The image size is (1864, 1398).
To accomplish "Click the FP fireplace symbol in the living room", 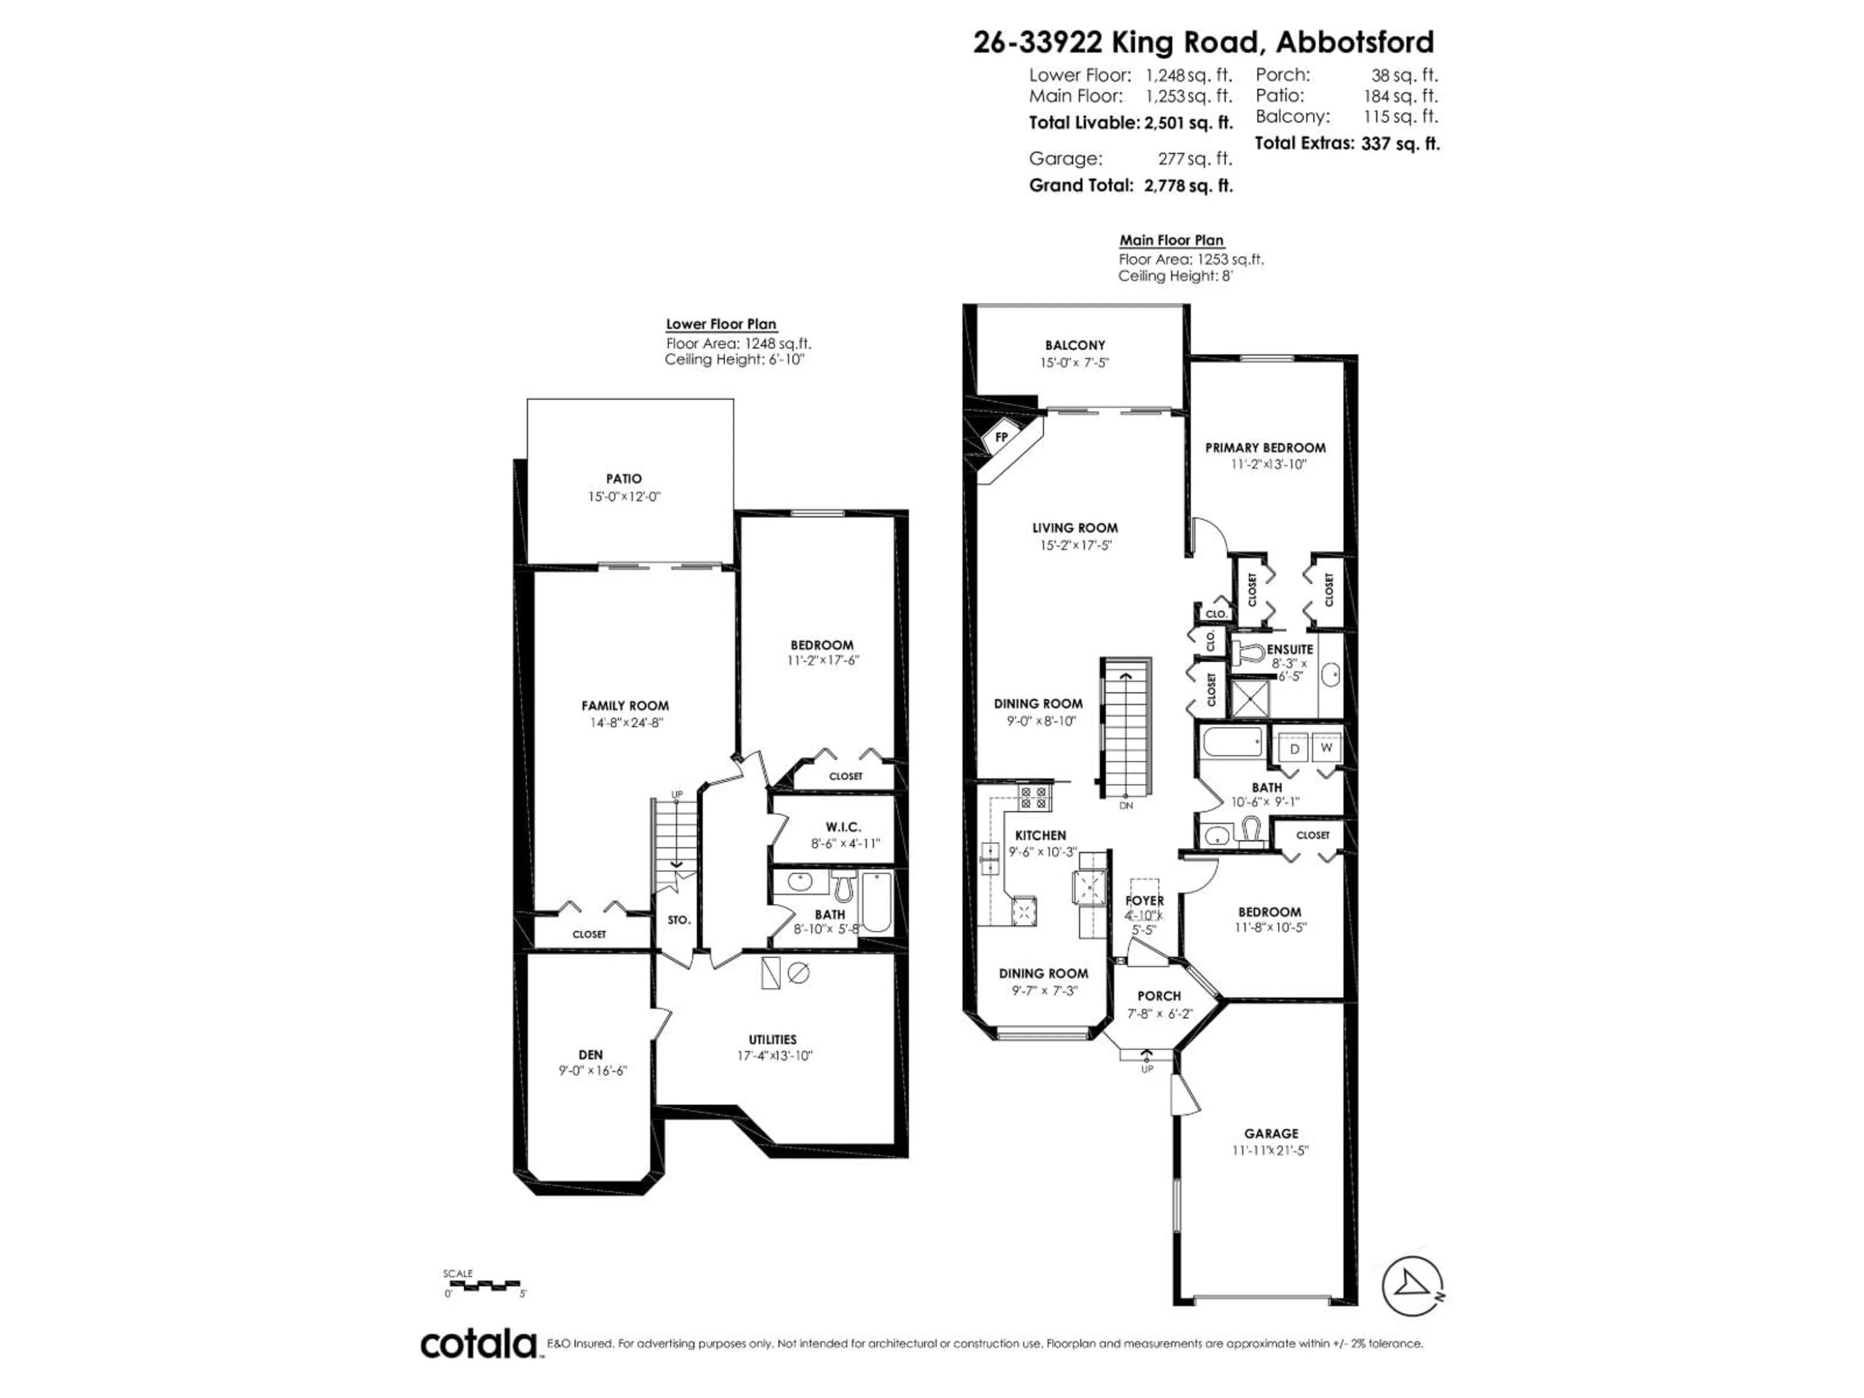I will (1002, 437).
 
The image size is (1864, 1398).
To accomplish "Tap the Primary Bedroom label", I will (1265, 448).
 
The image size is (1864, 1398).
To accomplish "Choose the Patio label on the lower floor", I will (624, 479).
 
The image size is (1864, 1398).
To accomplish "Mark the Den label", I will (591, 1054).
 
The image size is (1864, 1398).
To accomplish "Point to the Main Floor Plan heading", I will (1171, 240).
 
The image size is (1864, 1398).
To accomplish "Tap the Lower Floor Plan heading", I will (721, 324).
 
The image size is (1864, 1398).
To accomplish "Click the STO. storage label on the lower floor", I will (678, 920).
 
